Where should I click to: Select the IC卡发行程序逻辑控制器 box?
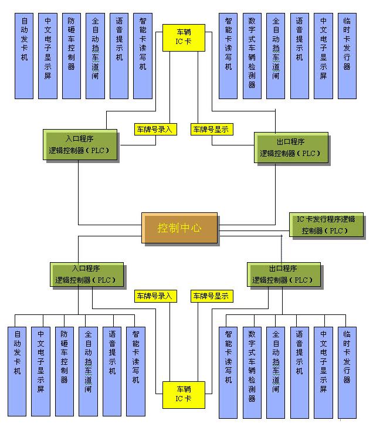click(325, 225)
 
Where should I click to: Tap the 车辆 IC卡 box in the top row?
click(184, 38)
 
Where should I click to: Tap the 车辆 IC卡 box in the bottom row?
click(184, 394)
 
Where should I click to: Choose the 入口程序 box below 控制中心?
click(86, 274)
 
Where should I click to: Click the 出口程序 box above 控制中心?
click(290, 147)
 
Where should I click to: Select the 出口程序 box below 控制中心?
click(283, 274)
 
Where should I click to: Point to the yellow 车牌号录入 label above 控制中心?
click(155, 129)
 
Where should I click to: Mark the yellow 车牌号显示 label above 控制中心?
click(210, 129)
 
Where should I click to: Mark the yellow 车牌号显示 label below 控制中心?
click(210, 296)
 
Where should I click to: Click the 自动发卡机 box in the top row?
click(24, 55)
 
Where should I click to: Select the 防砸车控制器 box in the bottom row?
click(64, 371)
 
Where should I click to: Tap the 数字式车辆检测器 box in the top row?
click(252, 55)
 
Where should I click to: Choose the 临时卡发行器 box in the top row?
click(347, 55)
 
